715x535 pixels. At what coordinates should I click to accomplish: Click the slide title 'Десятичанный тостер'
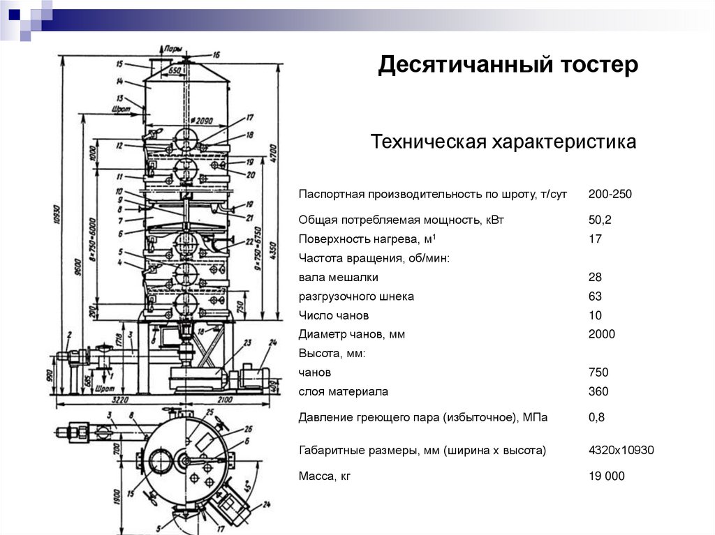point(508,66)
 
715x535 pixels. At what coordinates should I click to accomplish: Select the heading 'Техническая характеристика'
point(503,142)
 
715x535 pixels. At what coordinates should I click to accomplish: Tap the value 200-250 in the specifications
point(610,194)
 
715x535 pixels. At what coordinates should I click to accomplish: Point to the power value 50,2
point(600,220)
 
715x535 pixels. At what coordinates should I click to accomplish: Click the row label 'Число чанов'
point(334,315)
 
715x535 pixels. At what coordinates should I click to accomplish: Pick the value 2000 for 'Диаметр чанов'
point(602,334)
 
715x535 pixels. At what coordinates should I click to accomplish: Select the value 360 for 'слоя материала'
point(598,391)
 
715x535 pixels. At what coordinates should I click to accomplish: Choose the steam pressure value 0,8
point(596,418)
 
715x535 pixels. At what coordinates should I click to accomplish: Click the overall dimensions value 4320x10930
point(621,450)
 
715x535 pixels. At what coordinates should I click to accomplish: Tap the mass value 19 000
point(607,476)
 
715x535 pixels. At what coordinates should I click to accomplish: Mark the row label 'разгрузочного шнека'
point(356,296)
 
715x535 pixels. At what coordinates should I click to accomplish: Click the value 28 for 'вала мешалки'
point(595,278)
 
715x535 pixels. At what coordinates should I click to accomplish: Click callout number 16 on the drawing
point(216,54)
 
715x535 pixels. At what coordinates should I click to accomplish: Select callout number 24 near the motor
point(272,342)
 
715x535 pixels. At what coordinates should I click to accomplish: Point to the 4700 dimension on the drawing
point(274,151)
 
